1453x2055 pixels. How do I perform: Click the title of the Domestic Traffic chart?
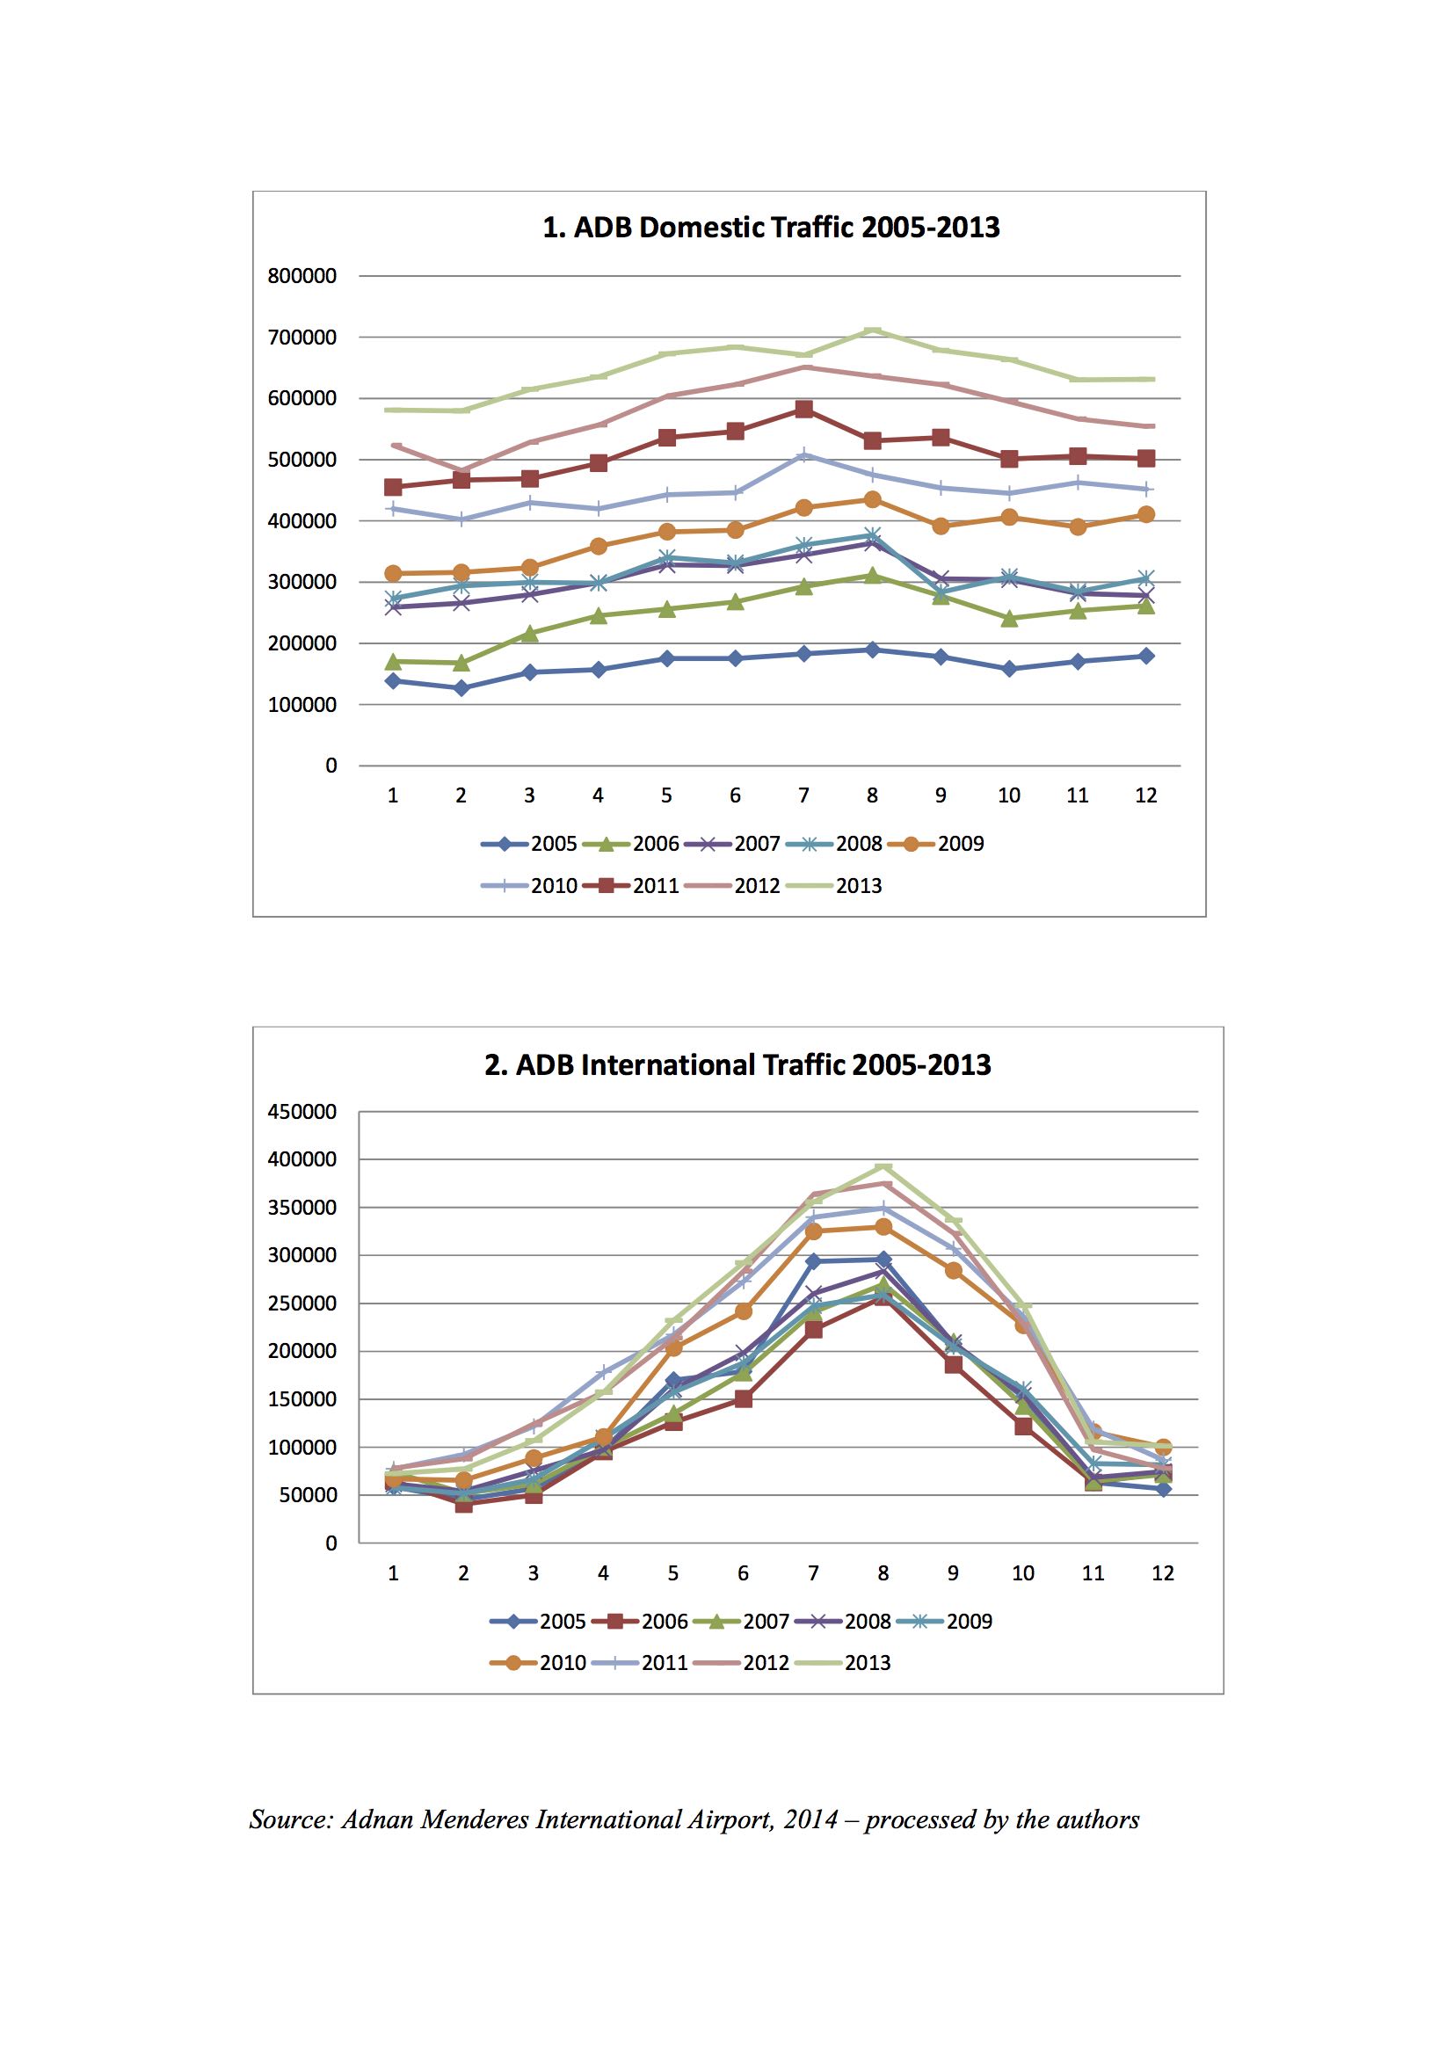tap(771, 228)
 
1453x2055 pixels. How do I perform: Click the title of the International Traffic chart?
tap(737, 1065)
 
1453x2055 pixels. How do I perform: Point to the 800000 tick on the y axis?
tap(301, 276)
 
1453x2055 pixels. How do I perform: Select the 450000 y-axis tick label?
tap(301, 1112)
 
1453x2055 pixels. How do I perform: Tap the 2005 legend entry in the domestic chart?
tap(529, 843)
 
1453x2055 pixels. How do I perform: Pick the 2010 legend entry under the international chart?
tap(538, 1662)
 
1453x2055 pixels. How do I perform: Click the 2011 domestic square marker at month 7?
tap(804, 409)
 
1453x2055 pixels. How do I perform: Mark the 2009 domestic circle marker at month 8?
tap(872, 499)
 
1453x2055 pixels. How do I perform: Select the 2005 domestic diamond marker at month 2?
tap(461, 688)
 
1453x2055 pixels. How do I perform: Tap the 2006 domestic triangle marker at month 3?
tap(529, 633)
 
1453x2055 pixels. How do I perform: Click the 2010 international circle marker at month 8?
tap(883, 1226)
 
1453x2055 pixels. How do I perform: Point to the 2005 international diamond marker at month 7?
tap(813, 1261)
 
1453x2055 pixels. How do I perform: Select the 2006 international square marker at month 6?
tap(743, 1399)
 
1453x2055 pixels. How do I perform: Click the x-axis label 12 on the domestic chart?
tap(1146, 795)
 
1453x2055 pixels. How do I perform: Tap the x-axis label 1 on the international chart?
tap(393, 1573)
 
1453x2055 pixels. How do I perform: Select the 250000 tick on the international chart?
tap(301, 1303)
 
